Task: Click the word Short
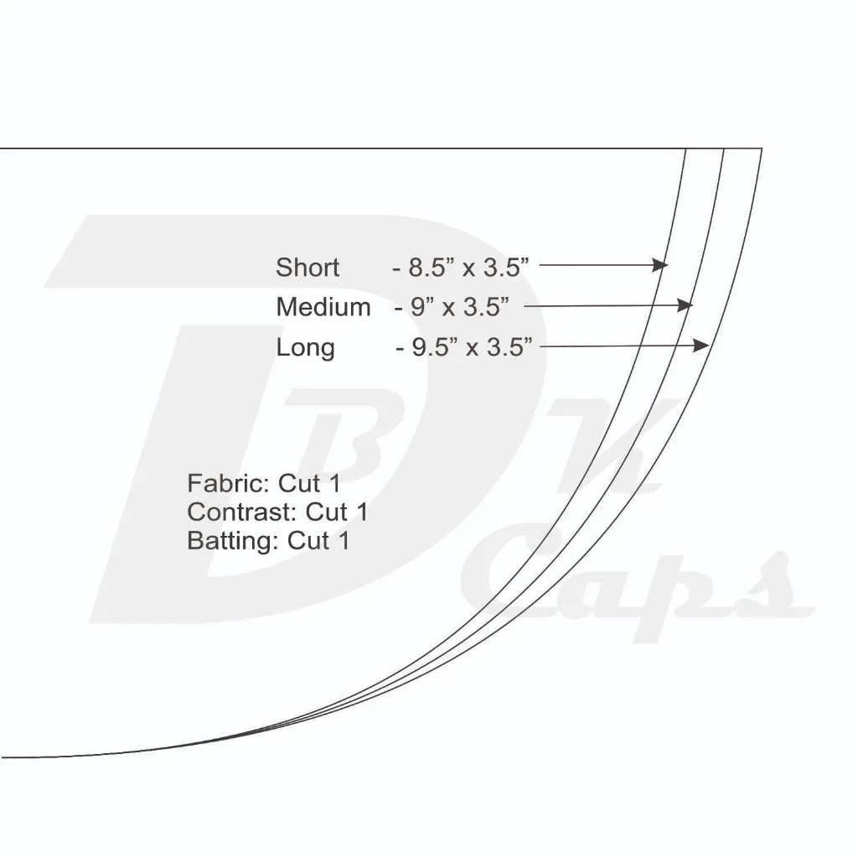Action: (308, 268)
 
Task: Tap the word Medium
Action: (323, 307)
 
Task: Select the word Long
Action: (305, 347)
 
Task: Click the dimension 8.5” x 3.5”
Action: (468, 268)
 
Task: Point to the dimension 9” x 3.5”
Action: (460, 307)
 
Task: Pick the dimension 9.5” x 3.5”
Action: (473, 347)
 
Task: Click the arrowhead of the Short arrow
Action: (661, 266)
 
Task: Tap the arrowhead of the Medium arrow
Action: (686, 305)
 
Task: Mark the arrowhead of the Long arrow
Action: (703, 345)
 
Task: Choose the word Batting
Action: (230, 540)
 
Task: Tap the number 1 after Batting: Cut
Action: (343, 540)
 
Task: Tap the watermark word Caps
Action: (637, 587)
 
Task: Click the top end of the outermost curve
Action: (762, 149)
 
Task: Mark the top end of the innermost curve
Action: (686, 149)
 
